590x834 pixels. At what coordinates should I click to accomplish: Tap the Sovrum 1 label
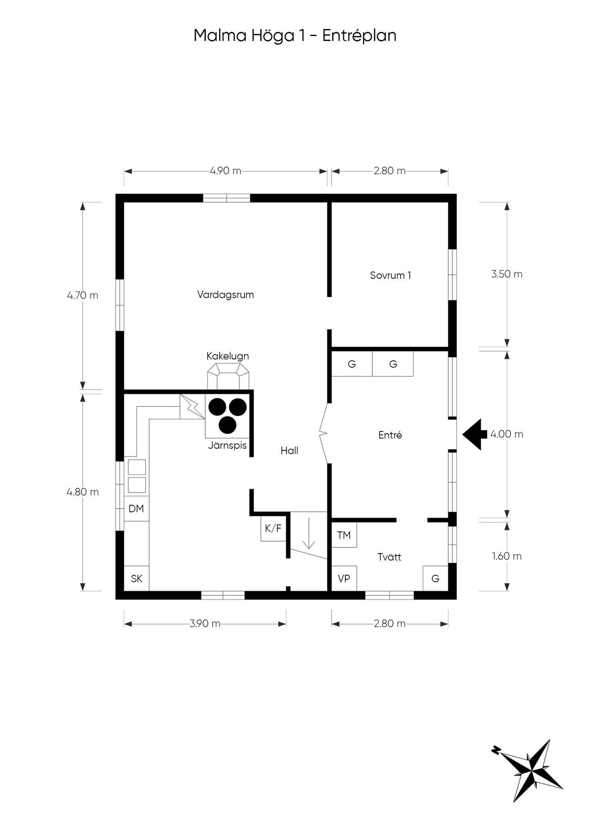pyautogui.click(x=391, y=275)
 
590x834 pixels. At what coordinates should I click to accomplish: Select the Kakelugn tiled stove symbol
pyautogui.click(x=228, y=376)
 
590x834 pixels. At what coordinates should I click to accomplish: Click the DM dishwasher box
pyautogui.click(x=136, y=509)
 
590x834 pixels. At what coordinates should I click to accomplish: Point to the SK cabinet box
pyautogui.click(x=136, y=579)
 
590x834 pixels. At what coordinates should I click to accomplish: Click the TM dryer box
pyautogui.click(x=344, y=535)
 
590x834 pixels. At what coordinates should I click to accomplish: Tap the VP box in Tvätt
pyautogui.click(x=344, y=579)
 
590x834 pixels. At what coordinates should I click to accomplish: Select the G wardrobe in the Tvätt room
pyautogui.click(x=435, y=579)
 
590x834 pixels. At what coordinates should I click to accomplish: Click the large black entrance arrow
pyautogui.click(x=474, y=435)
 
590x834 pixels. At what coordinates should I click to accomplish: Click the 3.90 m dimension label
pyautogui.click(x=205, y=623)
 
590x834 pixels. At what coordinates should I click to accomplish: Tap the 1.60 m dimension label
pyautogui.click(x=507, y=556)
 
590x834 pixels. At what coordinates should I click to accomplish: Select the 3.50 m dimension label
pyautogui.click(x=507, y=274)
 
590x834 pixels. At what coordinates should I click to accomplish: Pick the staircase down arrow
pyautogui.click(x=309, y=533)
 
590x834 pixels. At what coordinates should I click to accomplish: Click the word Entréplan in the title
pyautogui.click(x=359, y=36)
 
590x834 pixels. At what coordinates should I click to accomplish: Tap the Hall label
pyautogui.click(x=289, y=451)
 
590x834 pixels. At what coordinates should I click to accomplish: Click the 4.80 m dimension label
pyautogui.click(x=83, y=492)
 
